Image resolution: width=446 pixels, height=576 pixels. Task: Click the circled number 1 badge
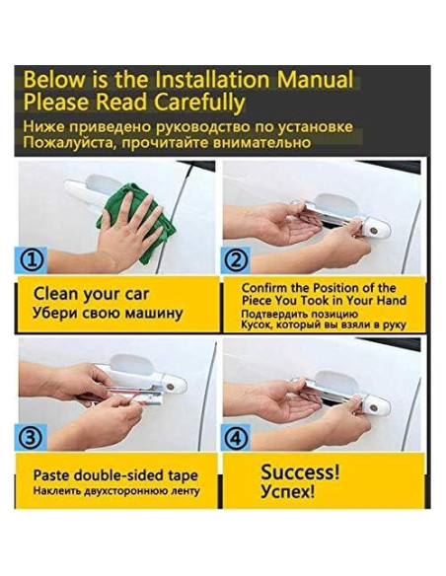point(32,259)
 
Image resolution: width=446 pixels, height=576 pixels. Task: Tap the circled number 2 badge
point(236,259)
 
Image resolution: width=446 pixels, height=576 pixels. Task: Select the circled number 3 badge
point(32,438)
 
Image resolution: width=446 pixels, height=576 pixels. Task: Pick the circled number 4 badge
point(236,438)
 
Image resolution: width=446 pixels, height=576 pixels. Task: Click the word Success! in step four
point(300,471)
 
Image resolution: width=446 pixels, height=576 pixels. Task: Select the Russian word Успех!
point(288,491)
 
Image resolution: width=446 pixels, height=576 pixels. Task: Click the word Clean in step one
point(56,294)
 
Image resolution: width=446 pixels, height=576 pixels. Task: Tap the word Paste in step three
point(51,475)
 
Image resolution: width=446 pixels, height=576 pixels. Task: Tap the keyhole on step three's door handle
point(170,387)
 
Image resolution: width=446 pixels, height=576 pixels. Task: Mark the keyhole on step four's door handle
point(374,407)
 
